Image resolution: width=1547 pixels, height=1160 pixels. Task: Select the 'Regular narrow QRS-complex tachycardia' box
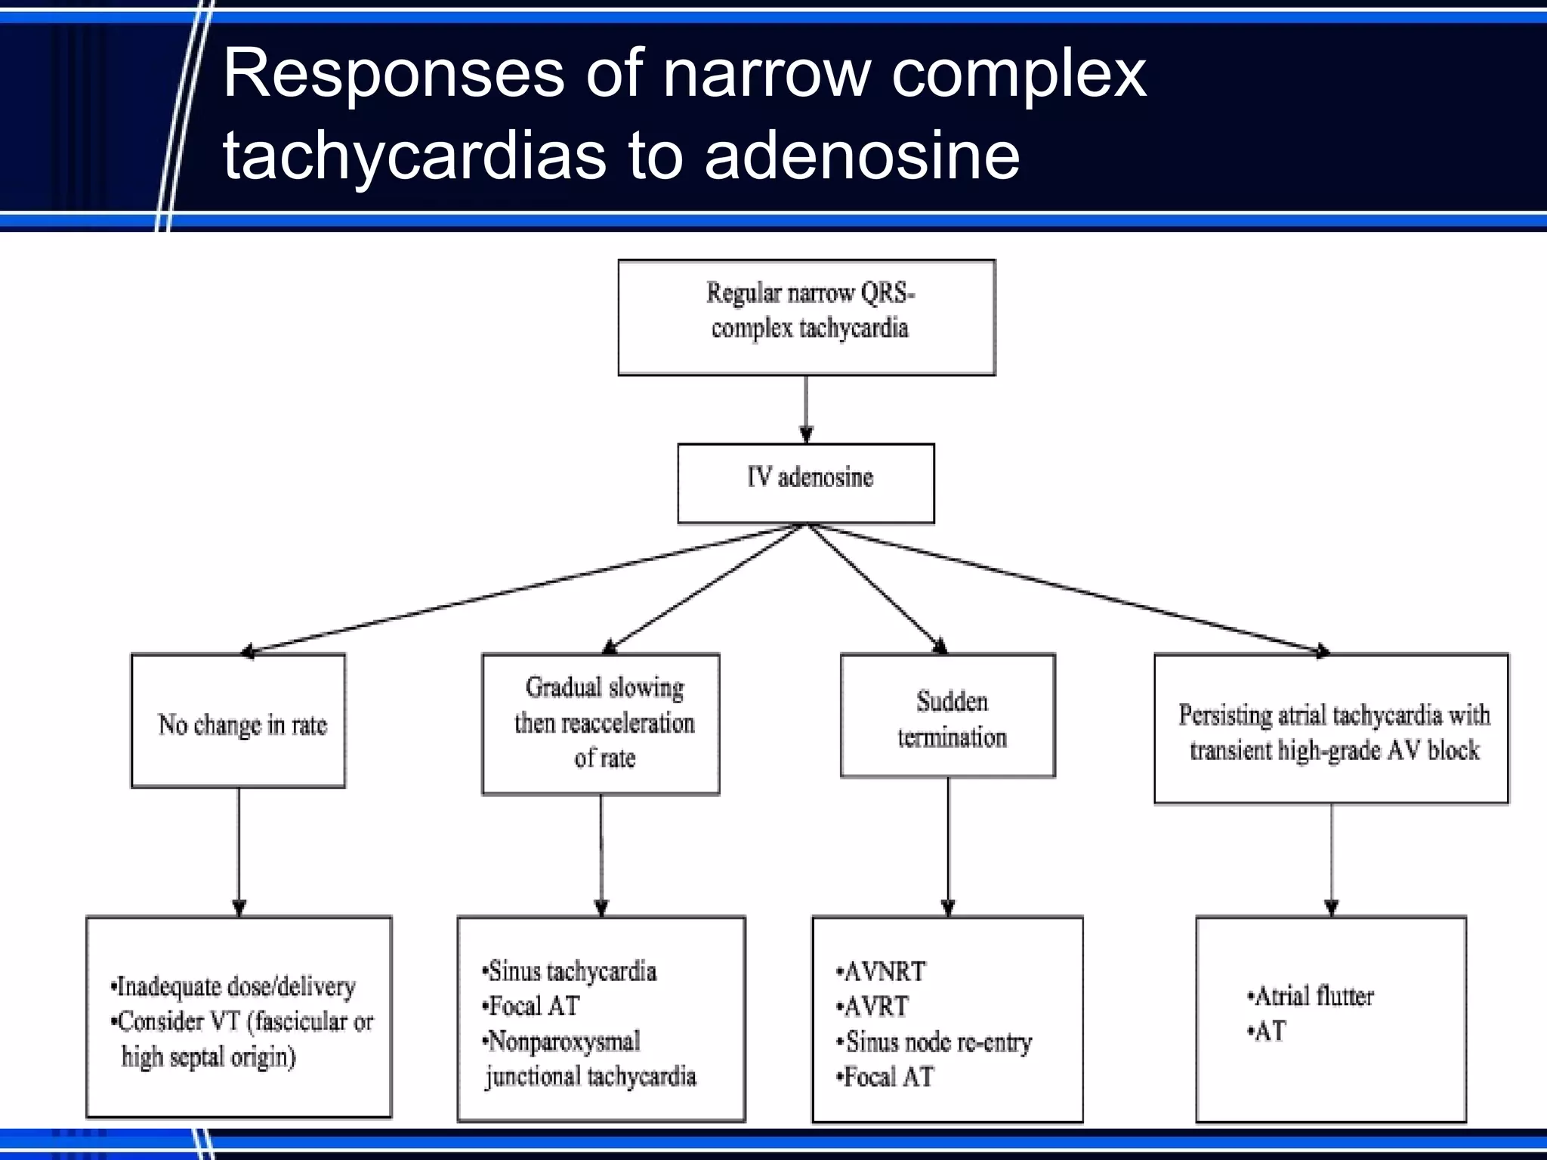coord(807,317)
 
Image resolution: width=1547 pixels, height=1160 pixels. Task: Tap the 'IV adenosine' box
coord(806,483)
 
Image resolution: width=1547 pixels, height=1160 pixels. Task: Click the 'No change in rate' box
coord(239,722)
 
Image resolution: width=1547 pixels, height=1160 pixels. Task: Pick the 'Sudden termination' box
coord(948,716)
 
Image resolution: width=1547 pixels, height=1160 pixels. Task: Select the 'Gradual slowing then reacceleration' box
coord(601,723)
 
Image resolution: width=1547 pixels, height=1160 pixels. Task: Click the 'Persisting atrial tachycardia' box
coord(1331,729)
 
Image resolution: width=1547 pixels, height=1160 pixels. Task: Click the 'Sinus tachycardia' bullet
coord(570,971)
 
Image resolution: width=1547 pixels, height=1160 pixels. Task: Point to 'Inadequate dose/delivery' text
coord(234,986)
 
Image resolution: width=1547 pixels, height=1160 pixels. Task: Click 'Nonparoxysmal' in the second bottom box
coord(563,1042)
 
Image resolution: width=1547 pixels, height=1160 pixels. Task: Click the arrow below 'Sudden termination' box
coord(949,846)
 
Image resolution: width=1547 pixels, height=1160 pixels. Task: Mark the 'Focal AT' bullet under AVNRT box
coord(888,1077)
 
